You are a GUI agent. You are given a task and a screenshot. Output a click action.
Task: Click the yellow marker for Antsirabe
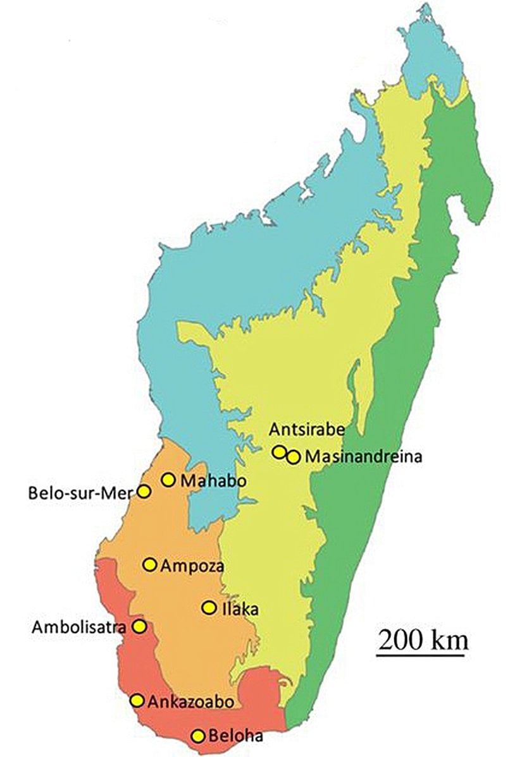click(278, 451)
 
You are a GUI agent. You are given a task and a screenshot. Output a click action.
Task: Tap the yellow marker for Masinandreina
click(292, 457)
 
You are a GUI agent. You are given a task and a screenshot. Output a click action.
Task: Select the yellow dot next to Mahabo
click(168, 480)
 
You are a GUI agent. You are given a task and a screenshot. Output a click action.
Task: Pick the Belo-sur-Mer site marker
click(144, 492)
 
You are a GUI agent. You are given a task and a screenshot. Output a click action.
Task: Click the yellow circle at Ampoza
click(150, 564)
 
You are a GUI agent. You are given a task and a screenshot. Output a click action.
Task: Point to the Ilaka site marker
click(208, 607)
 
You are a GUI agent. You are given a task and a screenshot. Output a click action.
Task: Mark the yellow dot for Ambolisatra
click(139, 627)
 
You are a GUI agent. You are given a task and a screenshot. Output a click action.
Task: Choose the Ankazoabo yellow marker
click(137, 700)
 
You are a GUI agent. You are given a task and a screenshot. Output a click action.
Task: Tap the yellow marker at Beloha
click(198, 736)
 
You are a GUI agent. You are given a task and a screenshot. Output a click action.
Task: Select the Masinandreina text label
click(363, 456)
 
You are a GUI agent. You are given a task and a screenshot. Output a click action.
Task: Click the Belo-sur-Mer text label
click(83, 492)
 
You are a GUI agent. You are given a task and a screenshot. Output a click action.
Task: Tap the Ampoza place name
click(192, 565)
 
